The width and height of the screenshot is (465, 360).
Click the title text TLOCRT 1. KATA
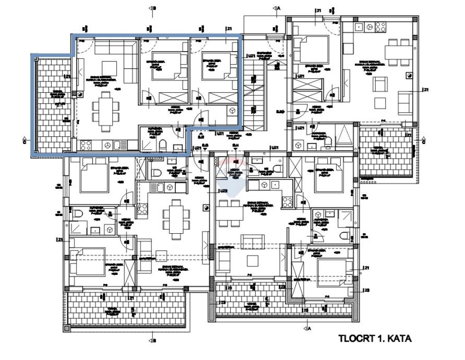pyautogui.click(x=375, y=339)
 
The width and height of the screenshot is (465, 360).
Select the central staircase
pyautogui.click(x=255, y=89)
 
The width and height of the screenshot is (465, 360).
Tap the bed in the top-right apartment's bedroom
pyautogui.click(x=311, y=51)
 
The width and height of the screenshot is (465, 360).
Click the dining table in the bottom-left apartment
pyautogui.click(x=174, y=218)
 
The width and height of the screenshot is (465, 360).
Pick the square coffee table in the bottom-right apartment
pyautogui.click(x=253, y=260)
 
